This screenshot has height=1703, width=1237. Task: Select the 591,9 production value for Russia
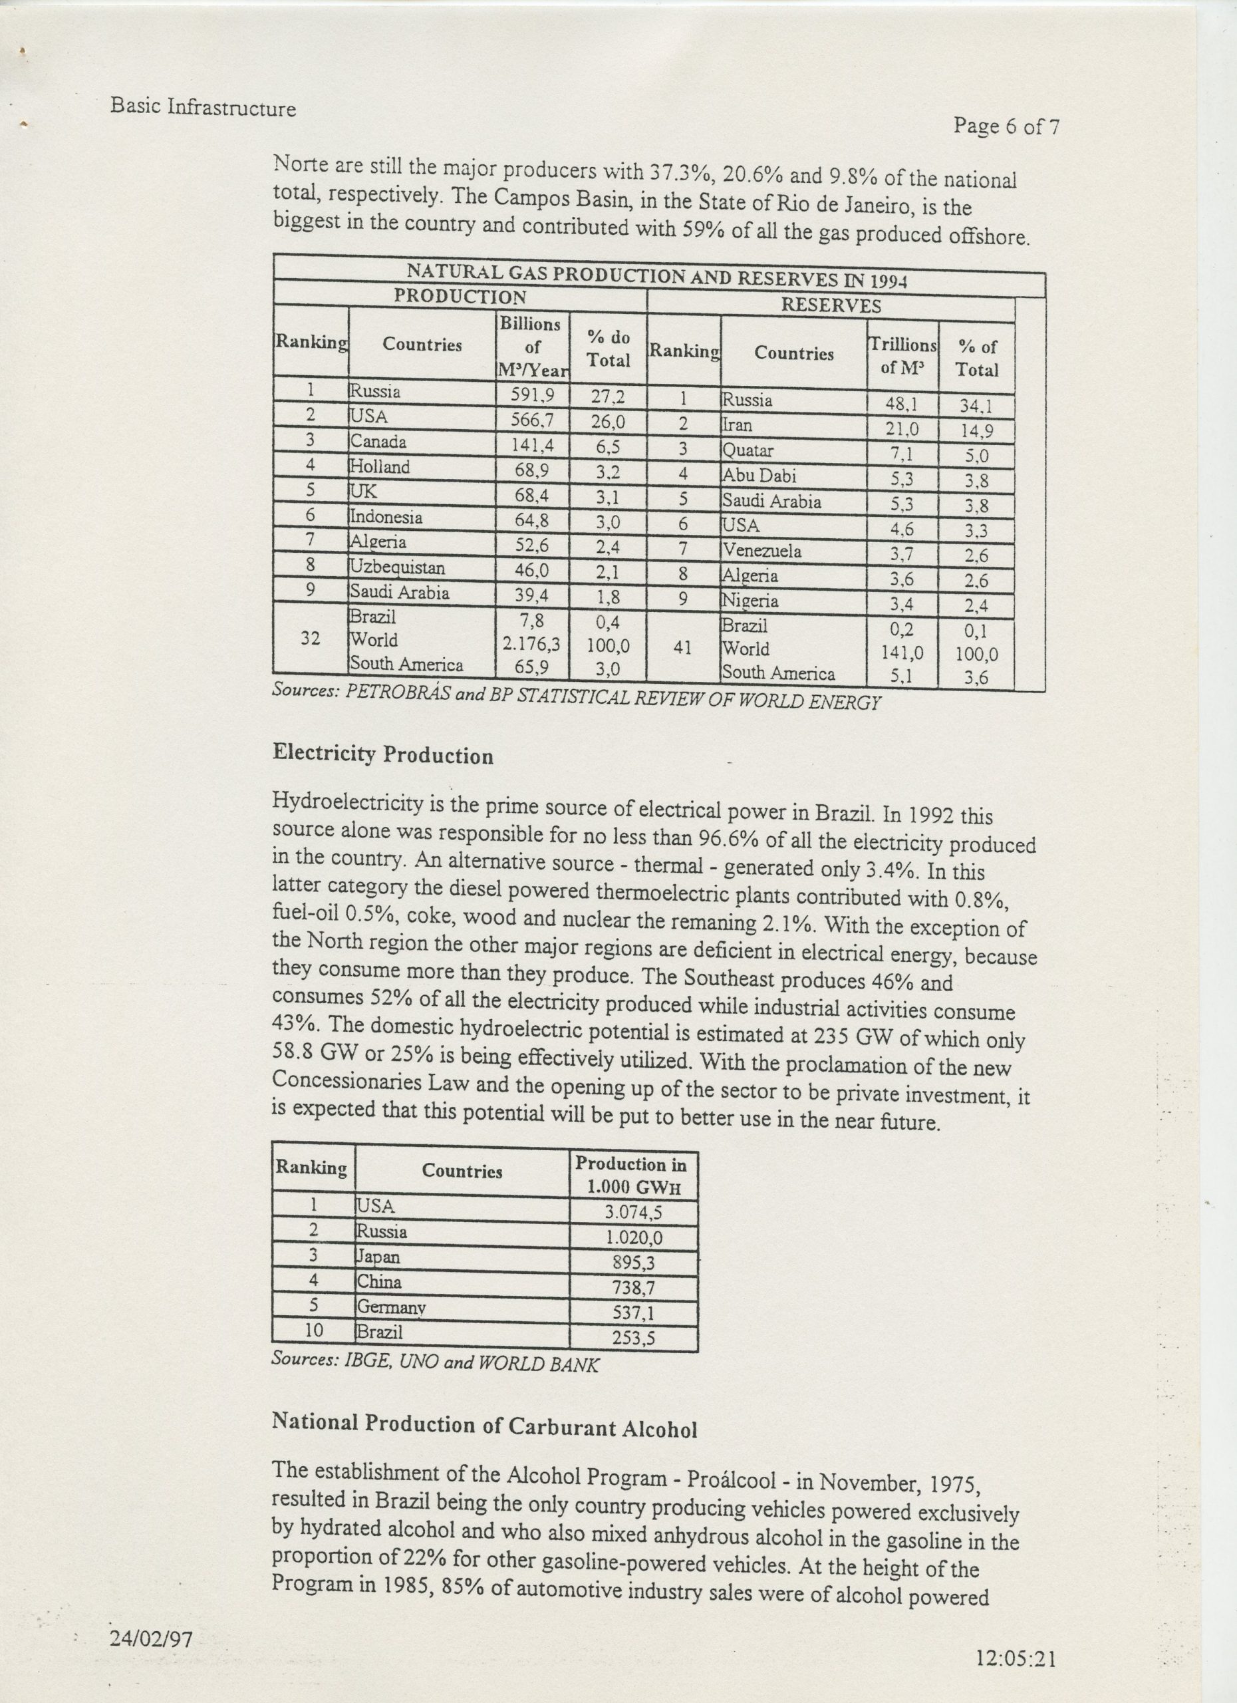click(531, 394)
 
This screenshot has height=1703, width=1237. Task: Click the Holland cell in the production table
click(380, 467)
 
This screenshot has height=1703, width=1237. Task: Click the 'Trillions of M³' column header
click(902, 355)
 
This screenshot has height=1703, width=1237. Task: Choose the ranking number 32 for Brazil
click(311, 639)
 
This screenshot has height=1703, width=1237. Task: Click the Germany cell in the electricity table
click(392, 1307)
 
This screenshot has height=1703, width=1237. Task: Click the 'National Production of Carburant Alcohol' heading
click(484, 1425)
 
